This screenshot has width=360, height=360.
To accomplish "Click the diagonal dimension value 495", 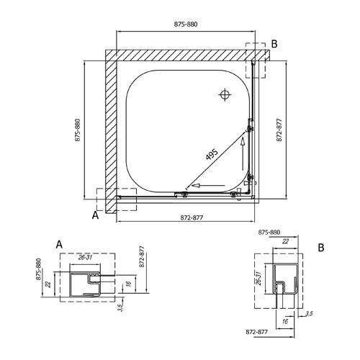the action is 212,154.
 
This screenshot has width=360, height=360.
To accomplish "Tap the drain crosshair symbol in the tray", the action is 225,95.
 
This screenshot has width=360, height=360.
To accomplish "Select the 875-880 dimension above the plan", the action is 186,24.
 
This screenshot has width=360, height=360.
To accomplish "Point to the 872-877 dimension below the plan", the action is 192,217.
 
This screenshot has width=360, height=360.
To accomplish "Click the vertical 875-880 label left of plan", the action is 78,130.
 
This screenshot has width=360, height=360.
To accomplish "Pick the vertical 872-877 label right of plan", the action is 279,130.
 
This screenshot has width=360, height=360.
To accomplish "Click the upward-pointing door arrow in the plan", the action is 243,154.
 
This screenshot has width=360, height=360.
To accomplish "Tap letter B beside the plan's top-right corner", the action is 274,44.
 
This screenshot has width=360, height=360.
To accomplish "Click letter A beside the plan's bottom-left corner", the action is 95,215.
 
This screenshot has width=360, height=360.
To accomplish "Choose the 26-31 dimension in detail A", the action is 85,258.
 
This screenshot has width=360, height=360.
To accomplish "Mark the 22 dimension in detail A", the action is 48,284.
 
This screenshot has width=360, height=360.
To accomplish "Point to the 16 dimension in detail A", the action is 129,283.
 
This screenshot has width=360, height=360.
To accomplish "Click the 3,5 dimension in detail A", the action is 120,307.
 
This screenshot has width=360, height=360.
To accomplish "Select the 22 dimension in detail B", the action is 285,241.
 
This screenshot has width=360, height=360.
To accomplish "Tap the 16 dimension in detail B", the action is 285,321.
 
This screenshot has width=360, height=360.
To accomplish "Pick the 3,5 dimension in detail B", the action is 309,313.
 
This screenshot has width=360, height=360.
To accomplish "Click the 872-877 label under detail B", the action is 256,332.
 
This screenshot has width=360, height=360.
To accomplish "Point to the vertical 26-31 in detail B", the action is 258,279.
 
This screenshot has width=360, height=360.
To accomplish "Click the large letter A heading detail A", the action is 59,245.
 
